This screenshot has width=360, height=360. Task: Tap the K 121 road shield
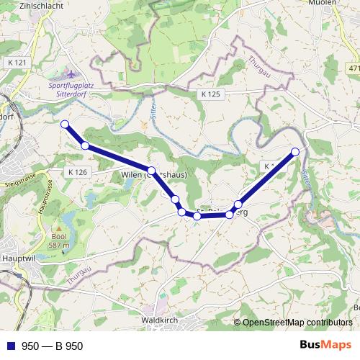pos(19,63)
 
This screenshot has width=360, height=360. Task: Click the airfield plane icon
pos(70,73)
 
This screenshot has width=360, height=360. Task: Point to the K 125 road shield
pos(211,94)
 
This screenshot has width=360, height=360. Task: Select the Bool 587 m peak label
pos(58,240)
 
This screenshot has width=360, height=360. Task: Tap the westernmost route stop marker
pos(65,125)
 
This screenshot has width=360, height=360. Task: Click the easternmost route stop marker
pos(295,151)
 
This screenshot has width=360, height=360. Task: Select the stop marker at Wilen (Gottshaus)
pos(151,171)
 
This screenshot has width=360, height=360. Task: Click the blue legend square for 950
pos(10,346)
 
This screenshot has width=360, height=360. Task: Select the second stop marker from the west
pos(85,146)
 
